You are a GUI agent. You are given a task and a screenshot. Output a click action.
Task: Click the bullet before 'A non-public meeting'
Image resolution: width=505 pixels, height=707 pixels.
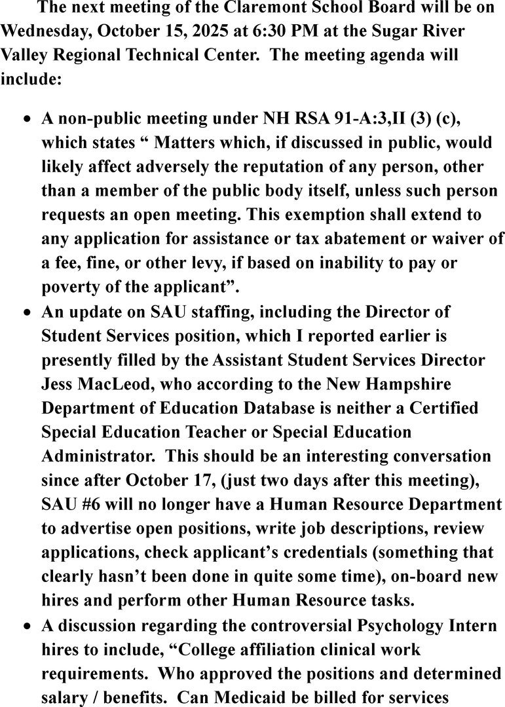(x=27, y=121)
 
